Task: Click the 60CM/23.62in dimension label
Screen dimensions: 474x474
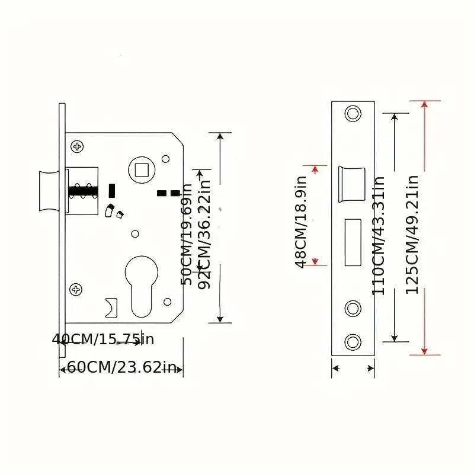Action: [x=121, y=367]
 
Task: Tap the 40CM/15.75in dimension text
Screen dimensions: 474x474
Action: [x=103, y=340]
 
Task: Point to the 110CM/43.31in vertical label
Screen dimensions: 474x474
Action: [x=379, y=235]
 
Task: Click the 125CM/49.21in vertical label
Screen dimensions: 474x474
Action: [x=412, y=234]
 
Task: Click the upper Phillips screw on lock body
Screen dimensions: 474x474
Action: [x=77, y=146]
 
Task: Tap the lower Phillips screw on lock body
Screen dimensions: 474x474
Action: [x=76, y=289]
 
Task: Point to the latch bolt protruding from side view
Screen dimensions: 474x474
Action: [x=48, y=191]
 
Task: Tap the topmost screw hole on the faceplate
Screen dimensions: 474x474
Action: [x=353, y=113]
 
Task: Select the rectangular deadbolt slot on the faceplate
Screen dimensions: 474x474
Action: [x=353, y=242]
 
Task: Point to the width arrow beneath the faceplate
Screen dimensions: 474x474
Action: [x=353, y=369]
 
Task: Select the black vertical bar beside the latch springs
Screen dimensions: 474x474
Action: [x=111, y=191]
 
